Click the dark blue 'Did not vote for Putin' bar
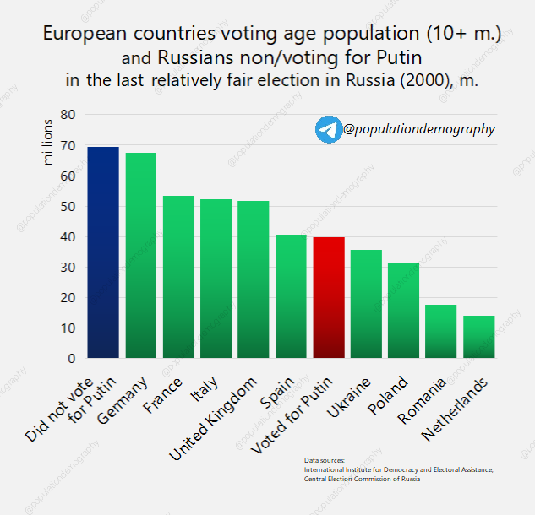pyautogui.click(x=103, y=252)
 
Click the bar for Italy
pyautogui.click(x=216, y=279)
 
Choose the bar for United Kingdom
pyautogui.click(x=254, y=279)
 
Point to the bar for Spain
pyautogui.click(x=291, y=296)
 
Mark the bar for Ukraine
pyautogui.click(x=366, y=304)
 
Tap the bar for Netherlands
pyautogui.click(x=478, y=337)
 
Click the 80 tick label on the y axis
pyautogui.click(x=68, y=115)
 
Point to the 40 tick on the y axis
pyautogui.click(x=68, y=237)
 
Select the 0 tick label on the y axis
pyautogui.click(x=72, y=359)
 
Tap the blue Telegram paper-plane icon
pyautogui.click(x=328, y=129)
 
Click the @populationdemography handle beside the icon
pyautogui.click(x=419, y=129)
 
